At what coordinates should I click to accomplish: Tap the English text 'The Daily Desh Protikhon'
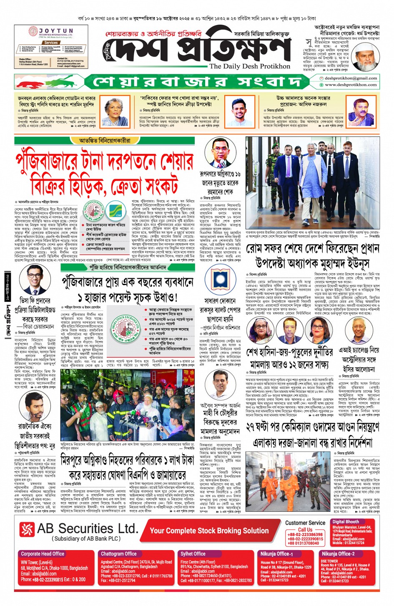tap(249, 66)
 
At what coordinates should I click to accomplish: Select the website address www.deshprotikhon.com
tap(351, 84)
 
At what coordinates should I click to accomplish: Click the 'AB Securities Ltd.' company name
tap(87, 528)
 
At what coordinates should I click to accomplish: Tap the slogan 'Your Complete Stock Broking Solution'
tap(209, 530)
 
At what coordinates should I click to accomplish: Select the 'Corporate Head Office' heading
tap(43, 553)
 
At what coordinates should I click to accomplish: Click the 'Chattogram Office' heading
tap(119, 553)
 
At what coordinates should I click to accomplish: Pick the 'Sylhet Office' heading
tap(193, 553)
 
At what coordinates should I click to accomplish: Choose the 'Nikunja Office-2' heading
tap(338, 553)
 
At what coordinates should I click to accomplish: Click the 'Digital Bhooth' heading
tap(346, 522)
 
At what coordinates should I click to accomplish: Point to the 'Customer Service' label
tap(305, 523)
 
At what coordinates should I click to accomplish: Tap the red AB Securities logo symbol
tap(27, 530)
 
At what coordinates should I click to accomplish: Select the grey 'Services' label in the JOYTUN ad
tap(51, 43)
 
